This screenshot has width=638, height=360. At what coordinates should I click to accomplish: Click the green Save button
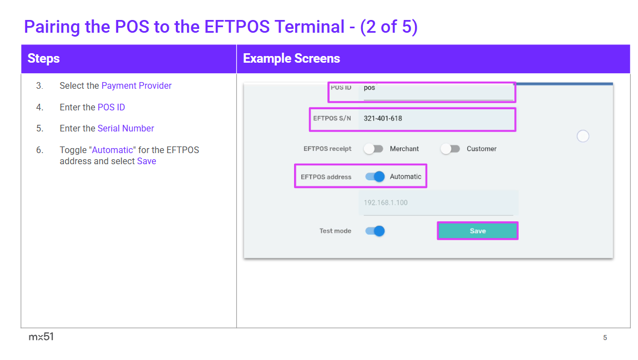click(478, 231)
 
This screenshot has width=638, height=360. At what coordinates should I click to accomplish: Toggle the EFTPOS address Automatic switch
click(374, 176)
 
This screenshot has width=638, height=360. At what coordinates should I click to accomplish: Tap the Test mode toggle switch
click(374, 231)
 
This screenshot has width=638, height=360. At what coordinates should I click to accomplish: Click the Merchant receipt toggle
click(373, 149)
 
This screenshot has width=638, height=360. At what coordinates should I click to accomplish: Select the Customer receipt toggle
click(450, 149)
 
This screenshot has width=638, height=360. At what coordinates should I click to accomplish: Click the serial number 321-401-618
click(383, 118)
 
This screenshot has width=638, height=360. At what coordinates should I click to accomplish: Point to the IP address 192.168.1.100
click(386, 202)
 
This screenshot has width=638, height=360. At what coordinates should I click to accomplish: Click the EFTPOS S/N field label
click(332, 118)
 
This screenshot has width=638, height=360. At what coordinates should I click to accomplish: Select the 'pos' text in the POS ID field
click(369, 88)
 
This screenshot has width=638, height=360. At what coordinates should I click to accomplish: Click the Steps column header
click(43, 59)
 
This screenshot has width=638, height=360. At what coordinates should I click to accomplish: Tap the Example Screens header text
click(291, 59)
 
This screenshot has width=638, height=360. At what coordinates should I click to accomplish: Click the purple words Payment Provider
click(136, 86)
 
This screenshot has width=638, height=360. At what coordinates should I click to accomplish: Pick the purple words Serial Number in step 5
click(126, 129)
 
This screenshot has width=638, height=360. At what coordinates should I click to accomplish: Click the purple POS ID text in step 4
click(111, 108)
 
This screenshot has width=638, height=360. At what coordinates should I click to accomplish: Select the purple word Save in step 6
click(146, 161)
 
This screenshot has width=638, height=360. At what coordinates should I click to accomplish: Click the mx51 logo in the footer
click(41, 337)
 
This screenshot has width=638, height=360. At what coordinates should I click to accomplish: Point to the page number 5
click(605, 338)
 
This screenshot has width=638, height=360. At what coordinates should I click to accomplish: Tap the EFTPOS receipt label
click(327, 149)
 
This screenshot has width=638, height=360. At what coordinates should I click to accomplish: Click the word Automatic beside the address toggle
click(406, 176)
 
